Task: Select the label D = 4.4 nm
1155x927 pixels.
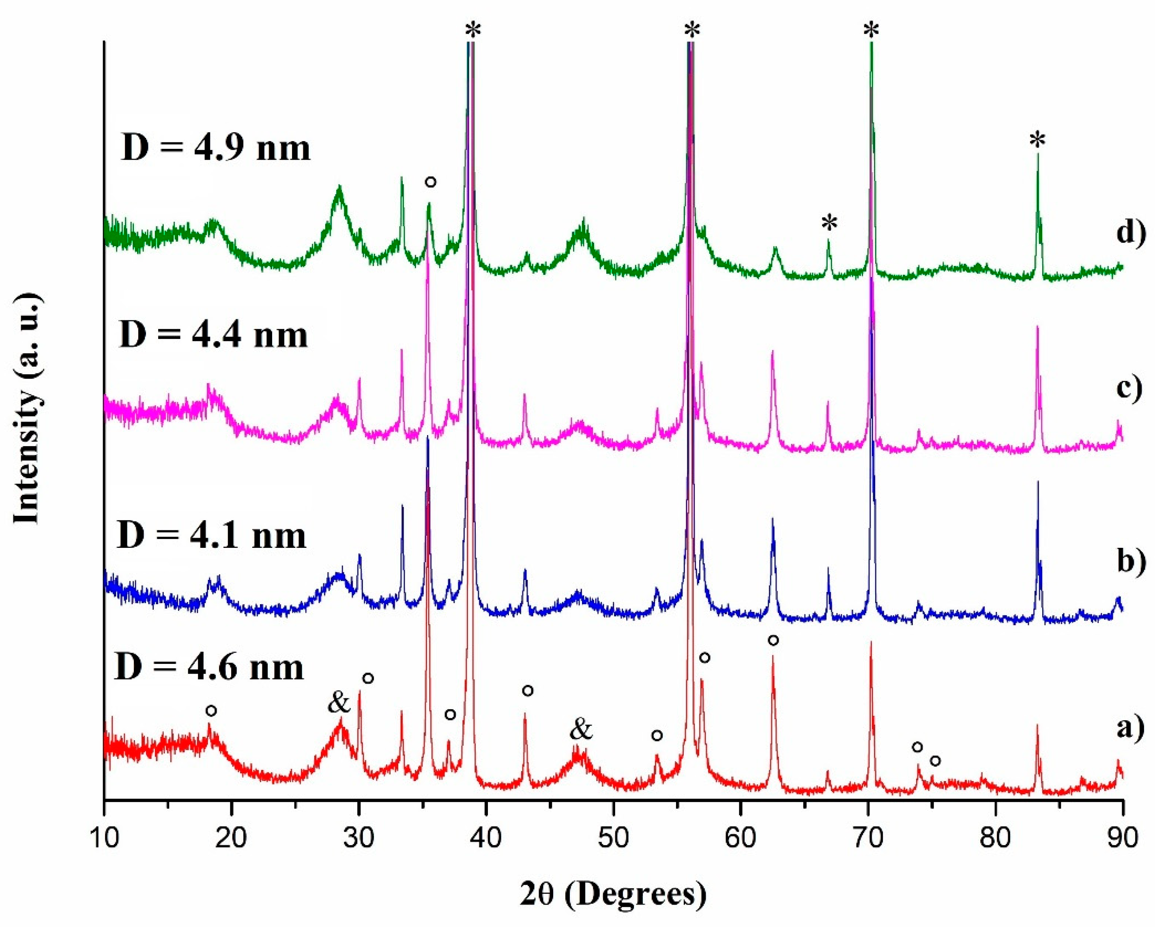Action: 214,335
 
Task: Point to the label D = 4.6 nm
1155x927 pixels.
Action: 209,667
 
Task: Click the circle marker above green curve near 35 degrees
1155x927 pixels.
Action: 430,182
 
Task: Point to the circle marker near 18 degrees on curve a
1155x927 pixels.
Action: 211,710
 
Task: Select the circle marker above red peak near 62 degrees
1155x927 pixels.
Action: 773,640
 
